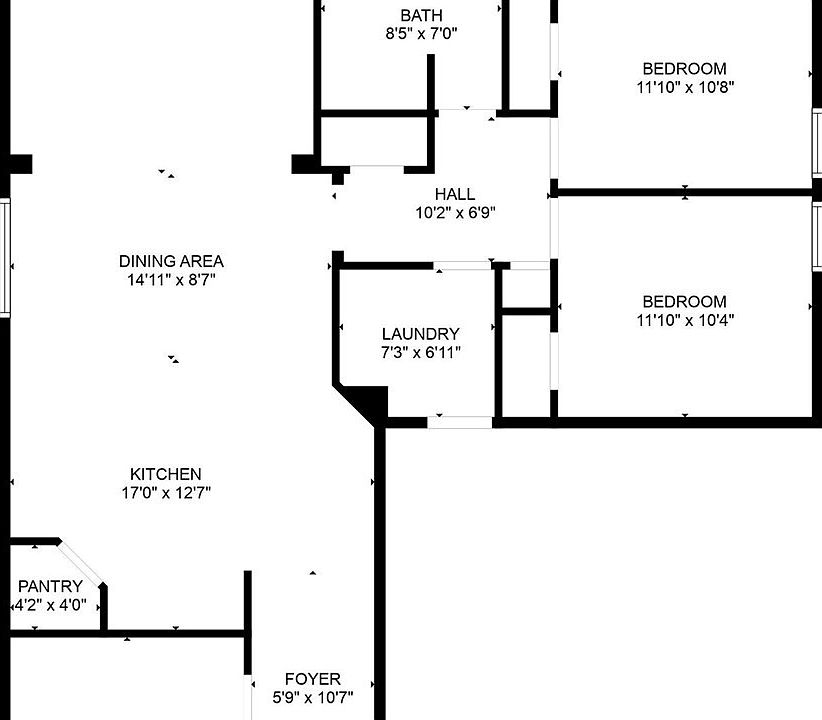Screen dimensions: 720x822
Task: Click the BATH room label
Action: pyautogui.click(x=421, y=15)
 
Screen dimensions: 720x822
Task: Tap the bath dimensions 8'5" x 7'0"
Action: pyautogui.click(x=421, y=33)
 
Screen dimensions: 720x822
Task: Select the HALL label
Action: pyautogui.click(x=455, y=194)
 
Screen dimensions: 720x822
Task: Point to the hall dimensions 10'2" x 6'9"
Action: pyautogui.click(x=455, y=212)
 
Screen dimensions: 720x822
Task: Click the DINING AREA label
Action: pyautogui.click(x=171, y=262)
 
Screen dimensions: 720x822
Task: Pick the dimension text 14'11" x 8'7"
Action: pyautogui.click(x=171, y=280)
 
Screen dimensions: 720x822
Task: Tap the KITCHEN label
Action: pyautogui.click(x=166, y=474)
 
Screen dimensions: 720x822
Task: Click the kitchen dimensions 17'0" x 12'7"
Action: pyautogui.click(x=166, y=492)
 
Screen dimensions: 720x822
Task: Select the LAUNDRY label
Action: pyautogui.click(x=421, y=334)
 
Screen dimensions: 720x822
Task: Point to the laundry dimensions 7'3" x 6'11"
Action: pyautogui.click(x=421, y=352)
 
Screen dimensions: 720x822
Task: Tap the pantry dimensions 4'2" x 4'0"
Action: pyautogui.click(x=50, y=605)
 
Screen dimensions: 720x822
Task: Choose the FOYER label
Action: pyautogui.click(x=313, y=679)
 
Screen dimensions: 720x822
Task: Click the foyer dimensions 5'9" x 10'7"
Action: pyautogui.click(x=313, y=697)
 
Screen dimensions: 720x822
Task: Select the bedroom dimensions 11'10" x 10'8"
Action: pyautogui.click(x=684, y=87)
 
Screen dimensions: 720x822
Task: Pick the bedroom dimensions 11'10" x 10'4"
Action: pyautogui.click(x=684, y=320)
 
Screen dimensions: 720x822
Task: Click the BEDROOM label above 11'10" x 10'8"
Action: pyautogui.click(x=684, y=69)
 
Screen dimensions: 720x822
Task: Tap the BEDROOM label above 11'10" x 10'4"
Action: pyautogui.click(x=684, y=302)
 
